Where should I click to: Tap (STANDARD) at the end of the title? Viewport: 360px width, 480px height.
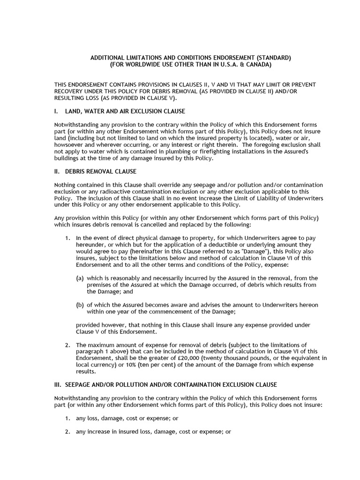275,57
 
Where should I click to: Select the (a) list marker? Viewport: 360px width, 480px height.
80,278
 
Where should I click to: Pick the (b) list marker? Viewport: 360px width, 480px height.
80,305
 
